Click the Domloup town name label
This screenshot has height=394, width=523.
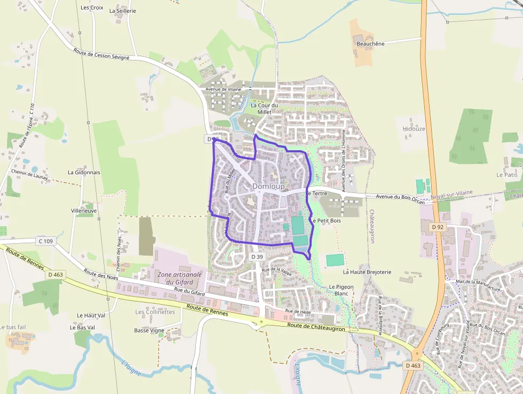268,186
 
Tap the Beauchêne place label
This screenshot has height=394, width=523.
370,44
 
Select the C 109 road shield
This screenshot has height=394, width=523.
46,241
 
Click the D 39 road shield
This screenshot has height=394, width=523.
257,257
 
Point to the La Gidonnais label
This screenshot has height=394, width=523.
84,173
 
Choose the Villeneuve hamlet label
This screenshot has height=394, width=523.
84,211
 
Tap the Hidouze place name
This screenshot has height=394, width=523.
414,129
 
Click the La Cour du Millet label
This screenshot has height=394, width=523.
265,109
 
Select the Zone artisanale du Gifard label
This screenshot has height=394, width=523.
180,278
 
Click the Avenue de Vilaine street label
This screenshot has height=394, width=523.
224,89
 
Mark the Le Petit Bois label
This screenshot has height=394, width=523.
326,220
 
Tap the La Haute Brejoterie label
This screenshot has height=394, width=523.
367,272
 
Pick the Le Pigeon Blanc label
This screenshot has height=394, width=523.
341,290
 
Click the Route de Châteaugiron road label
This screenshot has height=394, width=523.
315,328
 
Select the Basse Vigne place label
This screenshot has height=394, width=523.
149,330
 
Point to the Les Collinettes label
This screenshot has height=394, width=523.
155,312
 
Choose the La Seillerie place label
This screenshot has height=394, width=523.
123,11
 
